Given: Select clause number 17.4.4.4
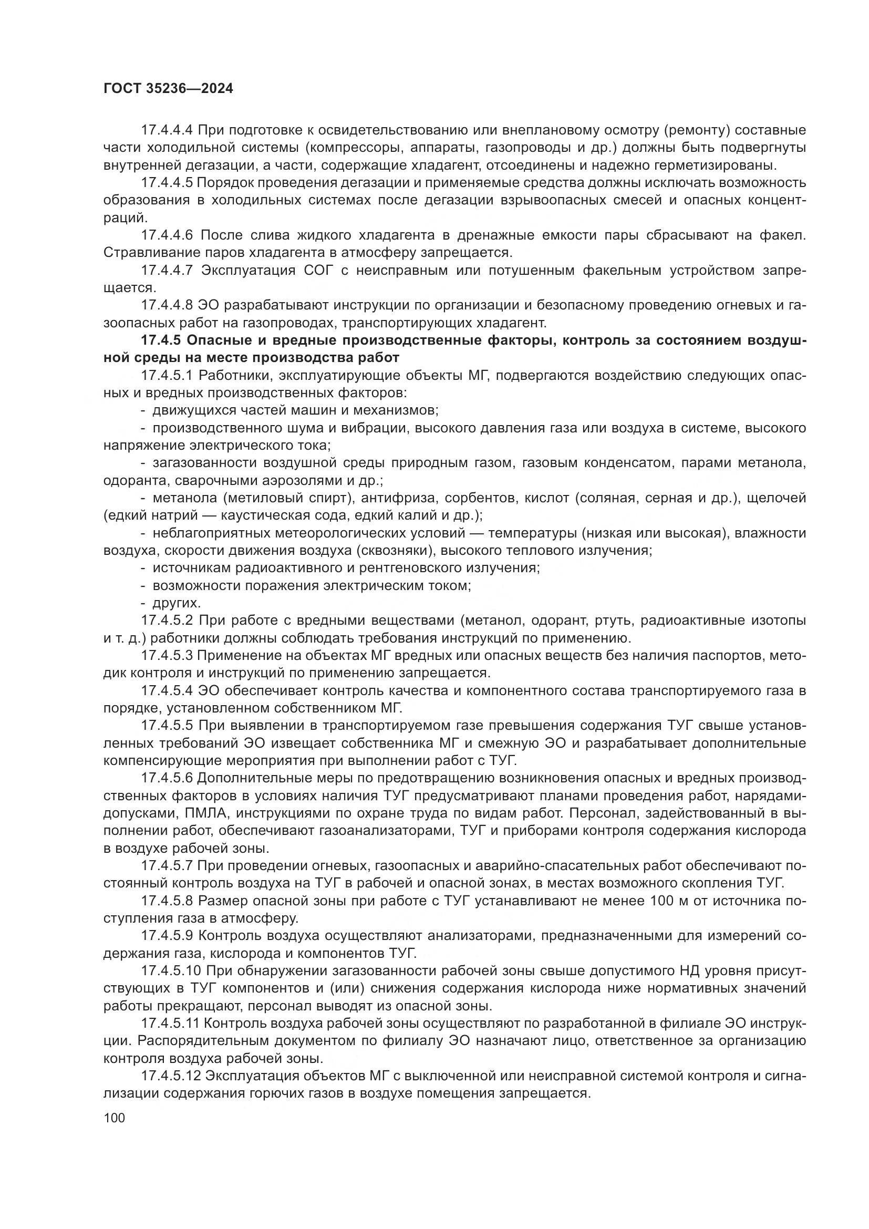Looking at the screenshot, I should (x=167, y=130).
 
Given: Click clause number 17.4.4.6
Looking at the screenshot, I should (x=167, y=235).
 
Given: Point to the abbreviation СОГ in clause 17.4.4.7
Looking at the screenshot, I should (x=318, y=270).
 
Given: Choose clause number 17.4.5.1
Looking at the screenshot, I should (x=167, y=375).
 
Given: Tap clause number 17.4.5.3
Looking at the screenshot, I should (x=167, y=655).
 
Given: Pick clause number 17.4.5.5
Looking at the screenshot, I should (x=167, y=725).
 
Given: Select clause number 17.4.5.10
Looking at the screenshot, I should (x=170, y=970).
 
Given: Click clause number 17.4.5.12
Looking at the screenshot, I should (x=170, y=1076).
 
